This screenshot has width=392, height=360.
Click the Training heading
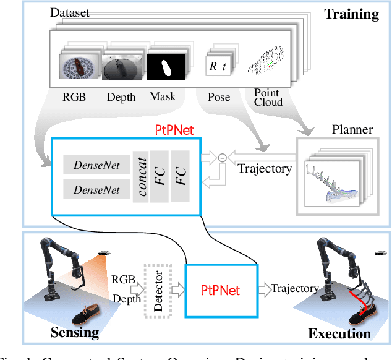click(351, 14)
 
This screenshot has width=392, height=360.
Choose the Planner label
click(352, 129)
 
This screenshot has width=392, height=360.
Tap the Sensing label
click(74, 332)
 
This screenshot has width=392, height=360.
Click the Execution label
click(339, 333)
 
